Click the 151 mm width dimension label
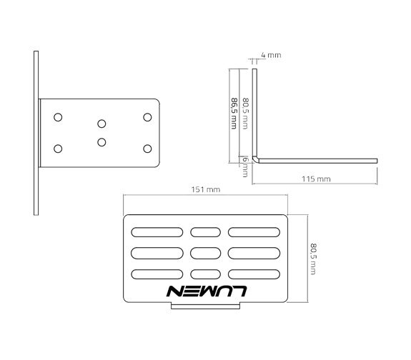[x=206, y=189]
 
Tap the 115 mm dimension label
[x=316, y=179]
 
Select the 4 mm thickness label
[x=271, y=55]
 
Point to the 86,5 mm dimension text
[x=234, y=113]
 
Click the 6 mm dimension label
[x=245, y=166]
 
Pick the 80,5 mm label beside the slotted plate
[x=314, y=259]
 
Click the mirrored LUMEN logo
[x=207, y=291]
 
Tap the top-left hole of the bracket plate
[x=58, y=117]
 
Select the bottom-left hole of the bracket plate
[x=58, y=149]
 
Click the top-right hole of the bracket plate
[x=147, y=117]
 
